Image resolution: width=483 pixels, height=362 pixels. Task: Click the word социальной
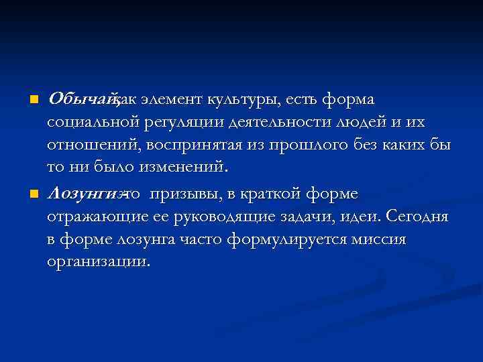point(91,123)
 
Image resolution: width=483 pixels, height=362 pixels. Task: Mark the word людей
point(354,123)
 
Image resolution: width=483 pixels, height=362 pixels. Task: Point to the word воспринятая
point(185,146)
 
